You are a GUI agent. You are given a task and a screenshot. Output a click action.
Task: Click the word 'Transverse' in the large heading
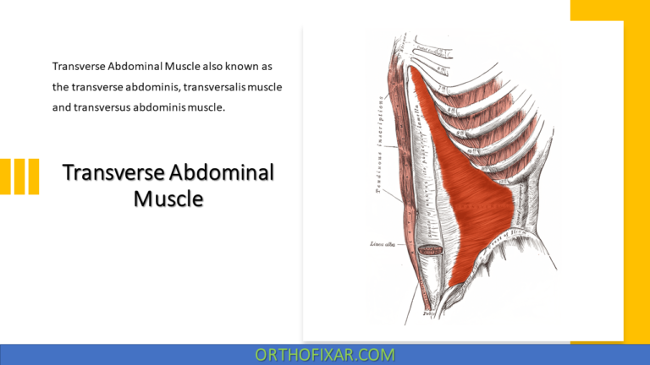(113, 173)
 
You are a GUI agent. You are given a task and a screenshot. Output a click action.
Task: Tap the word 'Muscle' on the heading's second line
(168, 199)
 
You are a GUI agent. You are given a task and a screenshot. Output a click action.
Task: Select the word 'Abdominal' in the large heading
(222, 173)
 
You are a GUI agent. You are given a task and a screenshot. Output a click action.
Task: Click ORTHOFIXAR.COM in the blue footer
(325, 355)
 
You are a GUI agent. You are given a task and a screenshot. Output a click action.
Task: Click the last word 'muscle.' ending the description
(207, 108)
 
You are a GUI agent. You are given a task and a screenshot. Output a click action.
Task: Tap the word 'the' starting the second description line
(61, 87)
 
